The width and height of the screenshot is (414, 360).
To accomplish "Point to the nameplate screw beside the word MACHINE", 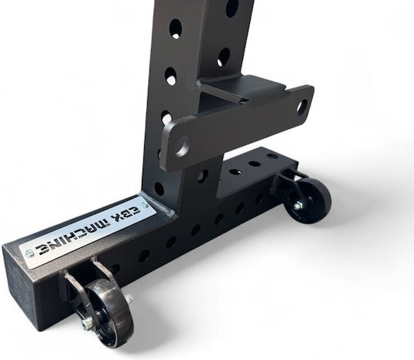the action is click(28, 254).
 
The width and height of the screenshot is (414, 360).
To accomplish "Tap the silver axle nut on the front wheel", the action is click(87, 323).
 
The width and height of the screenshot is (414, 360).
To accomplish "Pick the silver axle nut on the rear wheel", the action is click(299, 205).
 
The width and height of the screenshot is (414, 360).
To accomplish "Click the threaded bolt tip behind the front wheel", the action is click(130, 299).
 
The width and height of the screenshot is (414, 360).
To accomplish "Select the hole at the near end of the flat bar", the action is click(182, 147).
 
